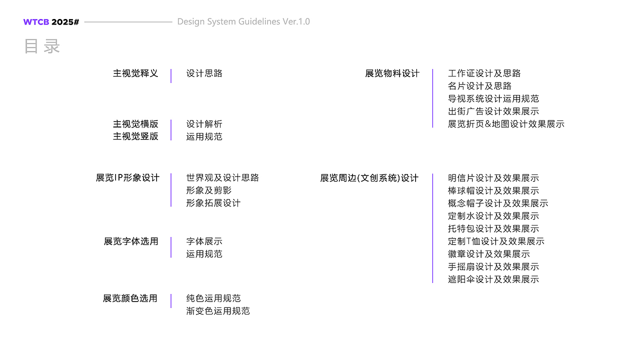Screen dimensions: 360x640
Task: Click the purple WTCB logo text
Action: [x=36, y=22]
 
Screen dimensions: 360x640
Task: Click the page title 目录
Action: [x=42, y=46]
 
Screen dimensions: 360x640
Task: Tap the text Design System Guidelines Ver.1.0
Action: [x=243, y=21]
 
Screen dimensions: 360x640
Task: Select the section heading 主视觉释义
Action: [x=135, y=73]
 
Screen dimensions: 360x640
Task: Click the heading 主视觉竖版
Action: [x=135, y=136]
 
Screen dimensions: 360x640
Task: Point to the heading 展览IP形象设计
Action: [x=127, y=178]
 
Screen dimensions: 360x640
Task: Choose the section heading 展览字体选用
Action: [x=131, y=241]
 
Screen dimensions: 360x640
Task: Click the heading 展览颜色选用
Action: [x=130, y=298]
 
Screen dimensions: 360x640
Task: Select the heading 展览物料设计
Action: [x=392, y=73]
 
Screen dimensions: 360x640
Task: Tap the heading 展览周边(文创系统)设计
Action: [x=369, y=178]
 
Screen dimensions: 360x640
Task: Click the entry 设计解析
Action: [x=204, y=124]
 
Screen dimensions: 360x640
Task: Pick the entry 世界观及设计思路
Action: [x=222, y=178]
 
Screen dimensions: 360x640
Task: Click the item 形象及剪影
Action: [x=209, y=190]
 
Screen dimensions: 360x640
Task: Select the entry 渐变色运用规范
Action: [x=218, y=311]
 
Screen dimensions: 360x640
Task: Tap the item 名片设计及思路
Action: [x=479, y=86]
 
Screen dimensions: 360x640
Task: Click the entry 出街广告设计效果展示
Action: [x=493, y=111]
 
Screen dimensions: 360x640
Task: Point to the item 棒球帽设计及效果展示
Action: [x=493, y=191]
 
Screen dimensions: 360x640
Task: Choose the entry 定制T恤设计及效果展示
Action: [x=496, y=241]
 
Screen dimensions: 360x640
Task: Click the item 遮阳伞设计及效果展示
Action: [x=493, y=279]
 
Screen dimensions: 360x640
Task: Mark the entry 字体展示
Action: [x=204, y=241]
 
